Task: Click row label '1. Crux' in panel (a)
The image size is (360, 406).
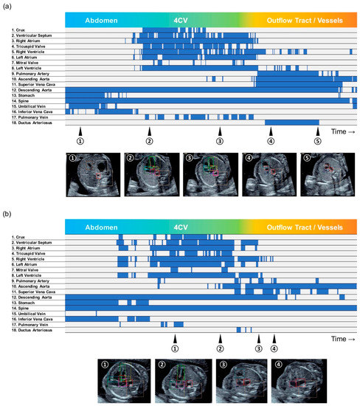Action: click(x=21, y=30)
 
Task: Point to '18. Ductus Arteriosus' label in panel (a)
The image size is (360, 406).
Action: click(x=33, y=123)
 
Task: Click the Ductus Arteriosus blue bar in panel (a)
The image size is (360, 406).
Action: click(x=291, y=122)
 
